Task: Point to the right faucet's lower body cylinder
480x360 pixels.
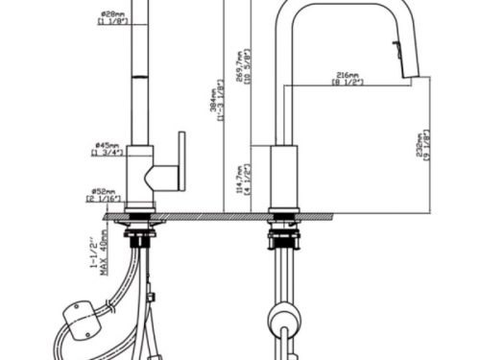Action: tap(285, 177)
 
